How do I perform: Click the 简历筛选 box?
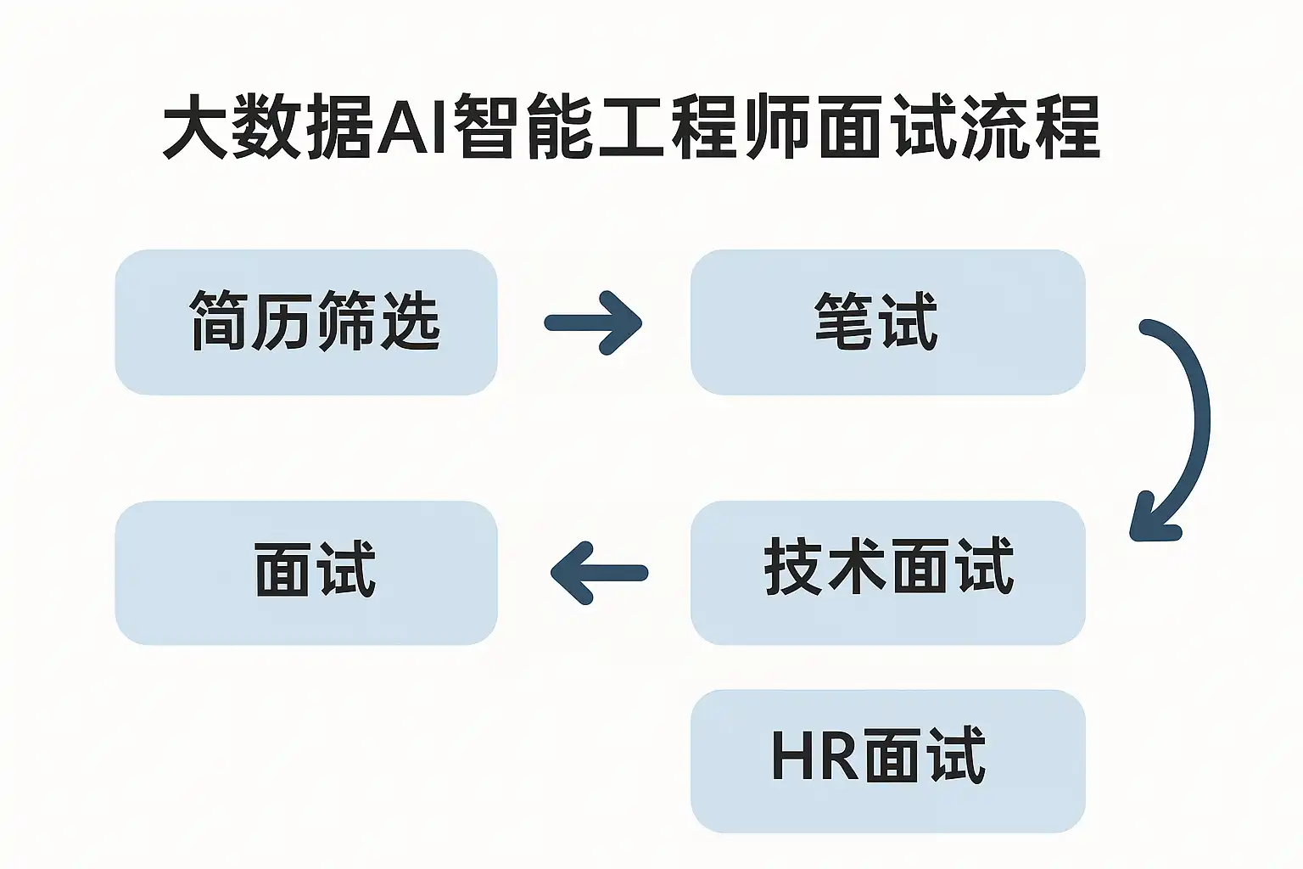click(305, 322)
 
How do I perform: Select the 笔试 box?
click(887, 322)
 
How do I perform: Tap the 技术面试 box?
click(887, 572)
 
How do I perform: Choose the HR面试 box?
click(887, 760)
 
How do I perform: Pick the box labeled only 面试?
click(305, 572)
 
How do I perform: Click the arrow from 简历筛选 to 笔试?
click(593, 322)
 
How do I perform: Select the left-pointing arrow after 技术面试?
click(599, 573)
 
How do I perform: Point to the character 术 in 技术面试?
click(857, 567)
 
